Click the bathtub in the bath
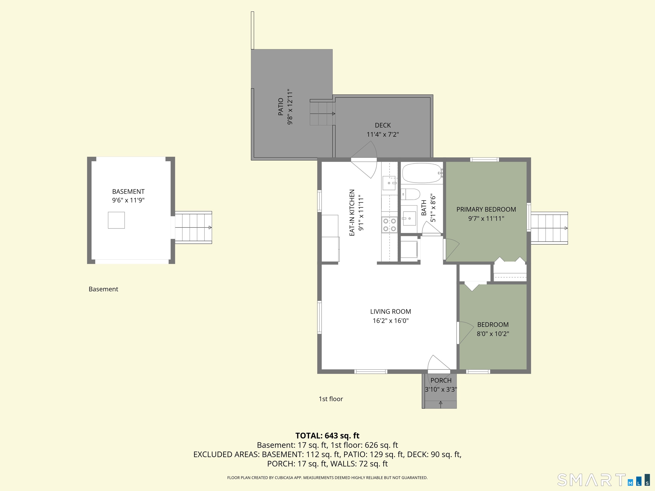[422, 173]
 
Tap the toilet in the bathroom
[411, 194]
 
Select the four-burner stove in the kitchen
[389, 225]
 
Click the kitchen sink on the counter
[389, 183]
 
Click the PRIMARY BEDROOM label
[486, 209]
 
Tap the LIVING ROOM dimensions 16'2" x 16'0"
[391, 321]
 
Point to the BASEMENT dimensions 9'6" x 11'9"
[128, 200]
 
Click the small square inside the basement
[116, 220]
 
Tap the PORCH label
[441, 381]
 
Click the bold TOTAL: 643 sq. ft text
[327, 436]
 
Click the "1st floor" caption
[331, 399]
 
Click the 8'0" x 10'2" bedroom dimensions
[493, 334]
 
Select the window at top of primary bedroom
[485, 160]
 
